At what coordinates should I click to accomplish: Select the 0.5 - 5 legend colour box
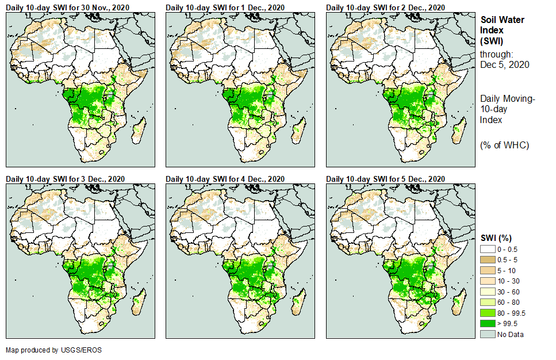click(488, 259)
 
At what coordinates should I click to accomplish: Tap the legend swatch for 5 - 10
click(488, 270)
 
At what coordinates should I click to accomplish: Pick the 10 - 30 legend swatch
click(488, 281)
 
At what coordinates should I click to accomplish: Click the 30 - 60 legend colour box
click(488, 291)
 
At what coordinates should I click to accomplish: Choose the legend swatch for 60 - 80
click(488, 302)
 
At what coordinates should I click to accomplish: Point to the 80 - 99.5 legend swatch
click(488, 313)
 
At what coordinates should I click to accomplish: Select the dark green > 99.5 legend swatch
click(488, 324)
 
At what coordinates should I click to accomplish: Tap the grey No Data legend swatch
click(488, 334)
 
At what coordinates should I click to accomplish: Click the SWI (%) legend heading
click(496, 238)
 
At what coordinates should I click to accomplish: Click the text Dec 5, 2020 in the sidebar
click(504, 64)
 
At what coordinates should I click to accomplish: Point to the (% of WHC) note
click(504, 144)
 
